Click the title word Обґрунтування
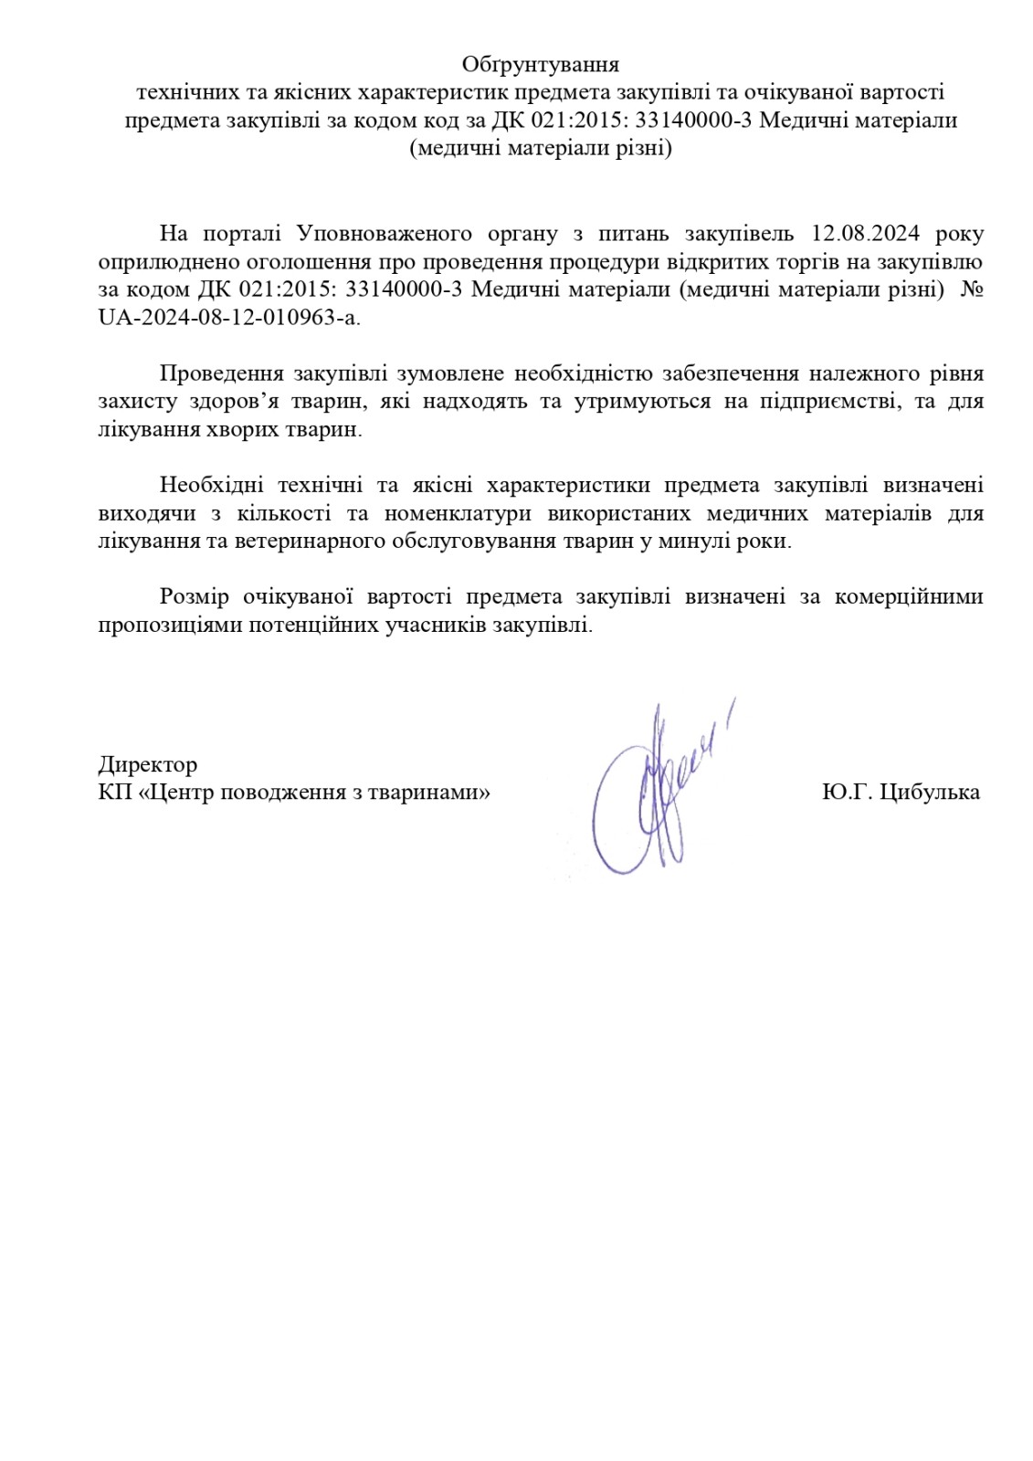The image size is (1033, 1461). (540, 65)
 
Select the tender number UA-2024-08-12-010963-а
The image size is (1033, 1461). (228, 318)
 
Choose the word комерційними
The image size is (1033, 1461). (909, 597)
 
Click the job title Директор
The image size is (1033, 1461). (147, 764)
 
